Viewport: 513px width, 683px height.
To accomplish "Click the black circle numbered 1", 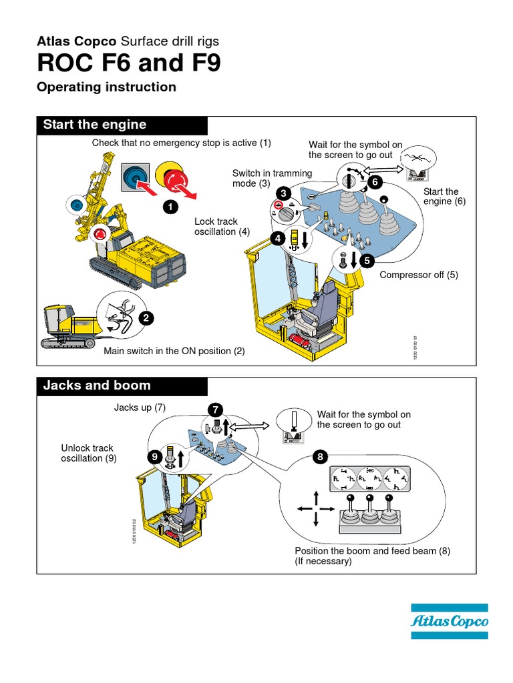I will [170, 207].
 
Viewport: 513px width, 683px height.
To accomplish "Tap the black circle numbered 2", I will [145, 319].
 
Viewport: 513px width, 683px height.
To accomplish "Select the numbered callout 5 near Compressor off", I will [366, 261].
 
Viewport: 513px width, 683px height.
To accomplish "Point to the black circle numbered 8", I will [320, 457].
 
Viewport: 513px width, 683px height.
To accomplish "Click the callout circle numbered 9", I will [155, 457].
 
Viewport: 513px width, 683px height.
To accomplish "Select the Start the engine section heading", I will [95, 125].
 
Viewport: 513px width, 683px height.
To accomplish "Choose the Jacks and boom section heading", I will [97, 386].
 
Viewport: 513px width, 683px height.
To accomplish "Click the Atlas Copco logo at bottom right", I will [449, 622].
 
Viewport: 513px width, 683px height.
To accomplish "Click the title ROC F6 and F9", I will [128, 63].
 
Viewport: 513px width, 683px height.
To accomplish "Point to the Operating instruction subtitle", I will [107, 87].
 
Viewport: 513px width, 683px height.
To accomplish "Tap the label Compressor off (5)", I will [419, 275].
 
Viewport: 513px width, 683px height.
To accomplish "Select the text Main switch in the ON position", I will [174, 351].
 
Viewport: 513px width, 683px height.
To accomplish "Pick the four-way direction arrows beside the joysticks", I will [315, 508].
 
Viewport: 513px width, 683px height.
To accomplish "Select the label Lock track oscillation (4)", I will [216, 226].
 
